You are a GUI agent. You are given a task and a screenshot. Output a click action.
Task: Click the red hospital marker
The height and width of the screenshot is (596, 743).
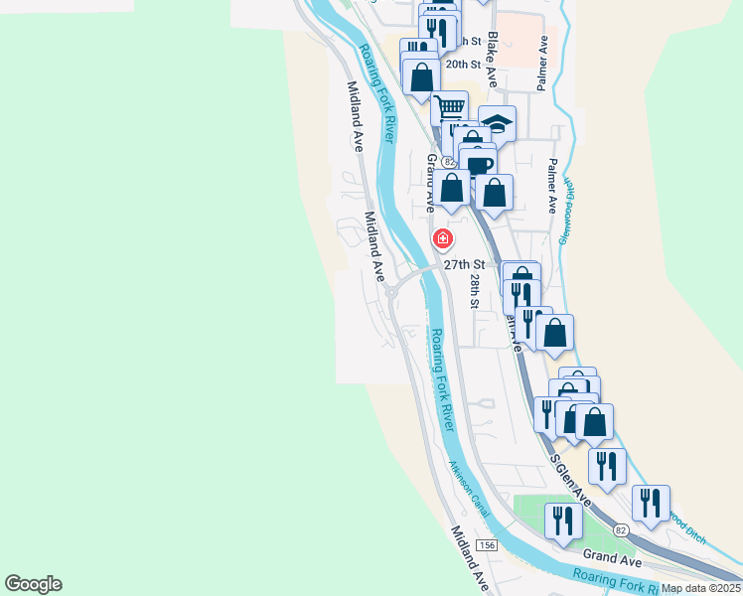442,239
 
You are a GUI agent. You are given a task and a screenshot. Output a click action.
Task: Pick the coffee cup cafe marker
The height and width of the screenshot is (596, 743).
478,163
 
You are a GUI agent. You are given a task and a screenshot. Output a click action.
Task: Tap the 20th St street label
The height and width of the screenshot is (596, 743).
463,64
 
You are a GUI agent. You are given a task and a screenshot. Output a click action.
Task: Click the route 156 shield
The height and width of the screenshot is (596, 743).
487,546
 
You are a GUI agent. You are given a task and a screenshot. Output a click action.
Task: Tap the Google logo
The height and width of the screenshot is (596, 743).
33,584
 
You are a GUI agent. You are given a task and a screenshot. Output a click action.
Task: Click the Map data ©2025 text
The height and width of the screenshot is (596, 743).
700,588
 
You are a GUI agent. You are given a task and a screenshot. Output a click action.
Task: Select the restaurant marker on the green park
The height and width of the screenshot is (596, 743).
564,521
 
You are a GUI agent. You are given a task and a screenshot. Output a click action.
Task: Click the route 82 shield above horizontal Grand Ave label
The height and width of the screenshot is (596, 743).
620,531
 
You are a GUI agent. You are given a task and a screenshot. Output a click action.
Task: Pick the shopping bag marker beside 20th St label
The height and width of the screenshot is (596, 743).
422,76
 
